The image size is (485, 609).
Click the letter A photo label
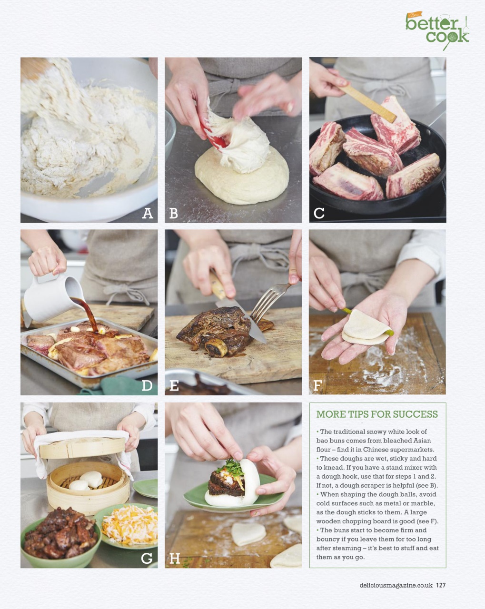coord(148,213)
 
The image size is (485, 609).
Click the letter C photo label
coord(319,213)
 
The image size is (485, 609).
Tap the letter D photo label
coord(147,385)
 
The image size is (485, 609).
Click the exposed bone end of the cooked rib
coord(216,349)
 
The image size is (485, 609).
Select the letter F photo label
coord(317,385)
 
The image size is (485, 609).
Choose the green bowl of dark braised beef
coord(60,538)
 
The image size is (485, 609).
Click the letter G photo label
coord(147,558)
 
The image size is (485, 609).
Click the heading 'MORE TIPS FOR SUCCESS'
coord(377,414)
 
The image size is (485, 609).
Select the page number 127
coord(441,585)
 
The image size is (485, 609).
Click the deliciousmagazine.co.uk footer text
coord(396,585)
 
